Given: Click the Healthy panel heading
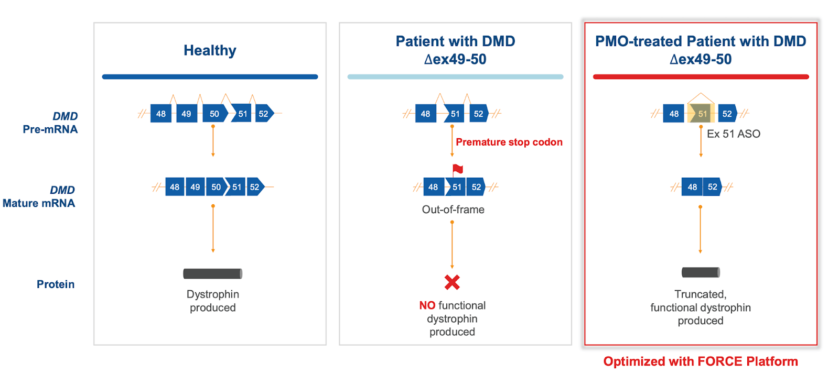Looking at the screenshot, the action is (x=210, y=50).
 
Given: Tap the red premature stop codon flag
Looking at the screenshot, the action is (x=457, y=169).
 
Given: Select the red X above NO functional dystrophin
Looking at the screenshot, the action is (x=452, y=282).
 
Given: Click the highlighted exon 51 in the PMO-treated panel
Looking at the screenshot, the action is (x=701, y=113).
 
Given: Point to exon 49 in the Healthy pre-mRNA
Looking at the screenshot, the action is (x=187, y=113).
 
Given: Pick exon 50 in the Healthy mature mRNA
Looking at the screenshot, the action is (x=217, y=186).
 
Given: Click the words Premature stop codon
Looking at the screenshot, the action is (x=509, y=142).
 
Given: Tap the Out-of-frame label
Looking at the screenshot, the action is (x=453, y=210).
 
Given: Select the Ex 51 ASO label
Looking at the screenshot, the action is (x=734, y=134).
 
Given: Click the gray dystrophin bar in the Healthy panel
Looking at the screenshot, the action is (x=213, y=274).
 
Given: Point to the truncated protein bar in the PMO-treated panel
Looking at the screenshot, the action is (x=701, y=272).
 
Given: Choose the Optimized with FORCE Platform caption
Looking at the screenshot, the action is (x=701, y=361).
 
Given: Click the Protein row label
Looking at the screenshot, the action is (x=56, y=284).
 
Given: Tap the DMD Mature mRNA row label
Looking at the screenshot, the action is (x=39, y=197).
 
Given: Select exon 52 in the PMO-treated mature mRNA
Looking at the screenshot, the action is (x=713, y=186).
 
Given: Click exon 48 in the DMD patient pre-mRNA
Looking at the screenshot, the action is (x=425, y=113).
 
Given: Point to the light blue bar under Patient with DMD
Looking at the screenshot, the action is (x=456, y=76).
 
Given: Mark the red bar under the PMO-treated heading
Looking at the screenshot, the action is (x=701, y=76).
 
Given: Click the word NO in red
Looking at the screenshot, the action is (x=427, y=305).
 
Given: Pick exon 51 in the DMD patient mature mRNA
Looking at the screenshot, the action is (x=456, y=186).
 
